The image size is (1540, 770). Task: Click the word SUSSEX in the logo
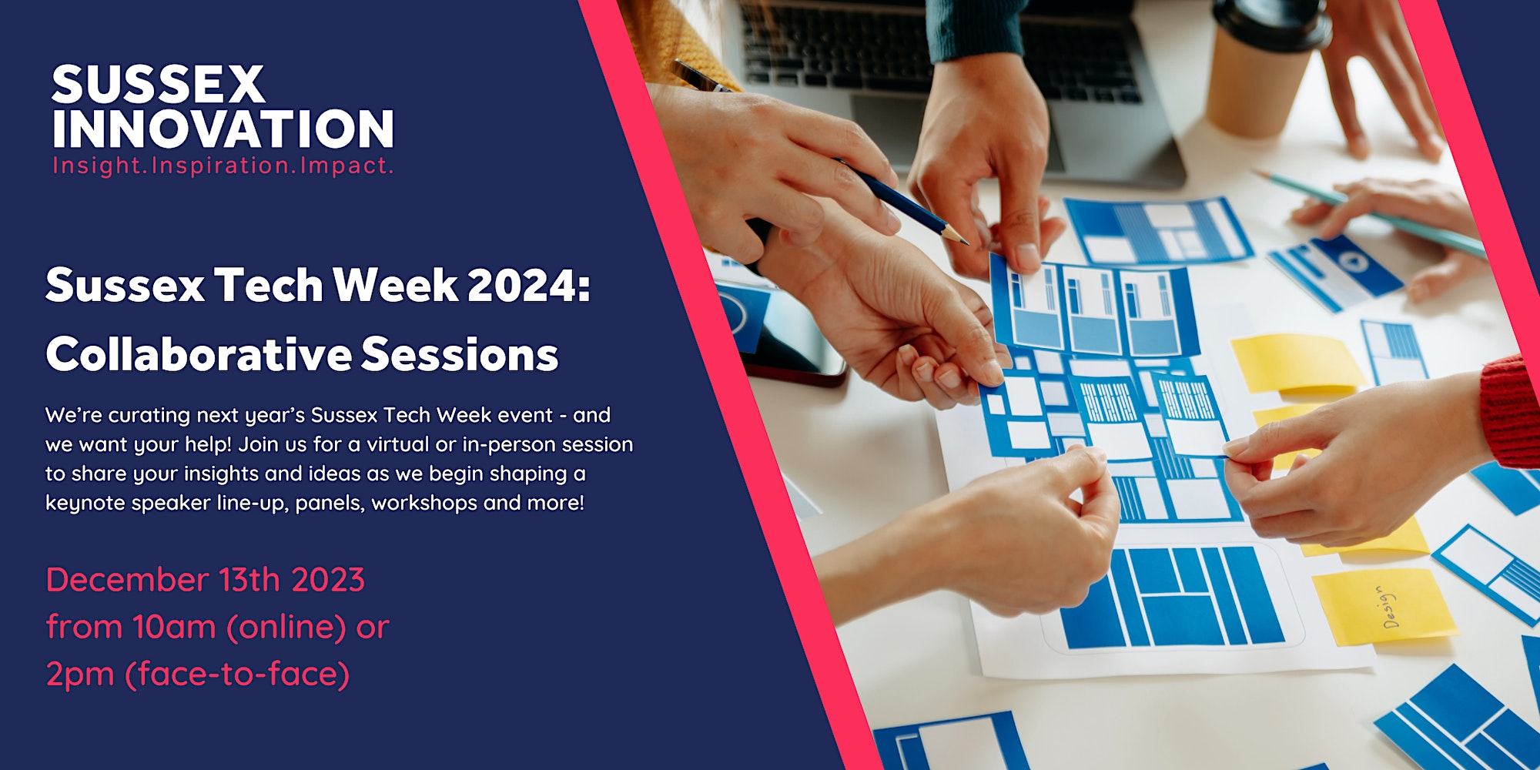[x=158, y=84]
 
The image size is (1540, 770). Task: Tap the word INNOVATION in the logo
[x=223, y=128]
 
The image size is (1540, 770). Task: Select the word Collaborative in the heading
[x=199, y=354]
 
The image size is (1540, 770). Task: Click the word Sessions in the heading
[x=460, y=354]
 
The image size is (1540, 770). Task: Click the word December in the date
[x=127, y=580]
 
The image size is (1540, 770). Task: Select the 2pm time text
[x=80, y=675]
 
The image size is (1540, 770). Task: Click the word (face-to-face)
[x=237, y=675]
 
